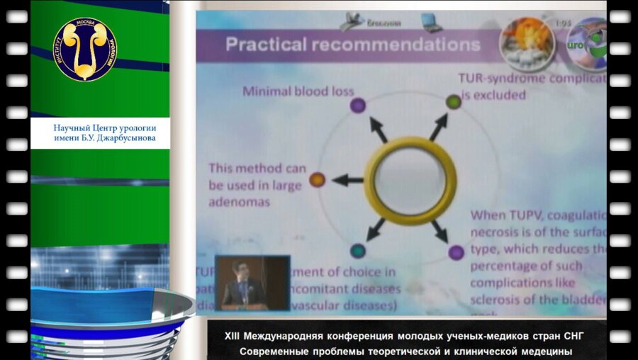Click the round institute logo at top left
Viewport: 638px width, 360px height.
84,49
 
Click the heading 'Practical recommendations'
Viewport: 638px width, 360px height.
352,45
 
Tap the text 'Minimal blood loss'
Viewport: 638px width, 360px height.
298,91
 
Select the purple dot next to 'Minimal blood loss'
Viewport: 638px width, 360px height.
358,105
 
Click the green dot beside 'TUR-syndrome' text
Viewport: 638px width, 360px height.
453,102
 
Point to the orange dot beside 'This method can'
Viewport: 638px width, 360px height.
318,180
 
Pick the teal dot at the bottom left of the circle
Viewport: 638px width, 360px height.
358,250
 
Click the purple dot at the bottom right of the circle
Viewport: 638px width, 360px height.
456,252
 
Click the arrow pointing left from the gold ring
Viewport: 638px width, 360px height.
347,180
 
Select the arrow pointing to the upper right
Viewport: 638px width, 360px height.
438,128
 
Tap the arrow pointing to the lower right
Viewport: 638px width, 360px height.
440,230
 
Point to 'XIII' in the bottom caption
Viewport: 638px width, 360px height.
233,335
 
